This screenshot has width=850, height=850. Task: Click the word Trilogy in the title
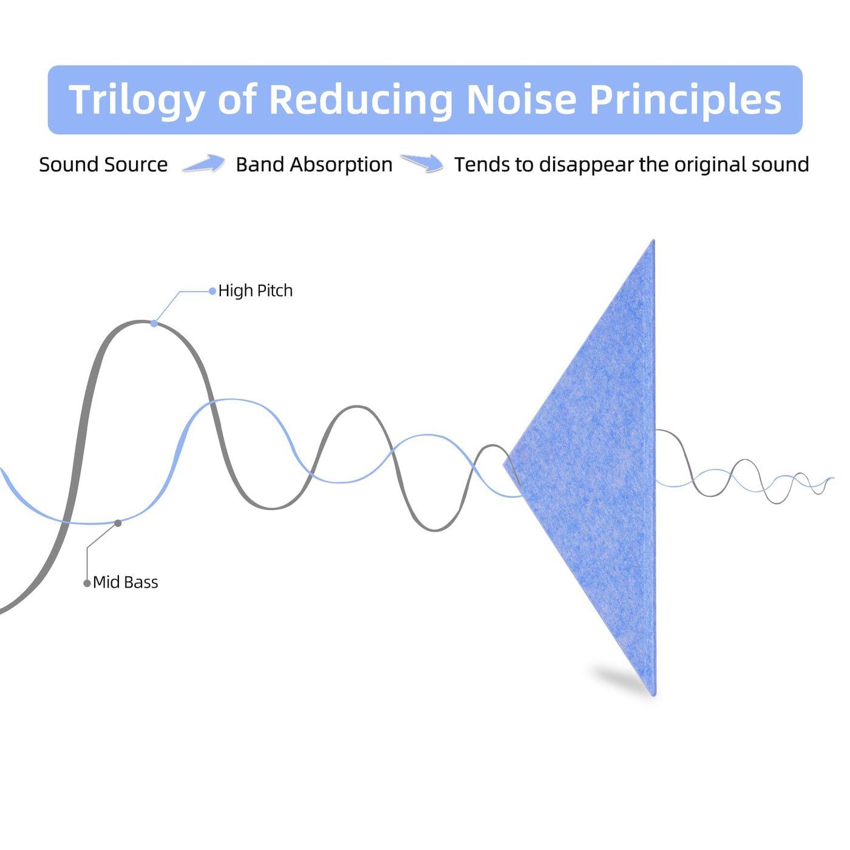tap(136, 101)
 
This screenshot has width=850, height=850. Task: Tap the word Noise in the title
tap(521, 99)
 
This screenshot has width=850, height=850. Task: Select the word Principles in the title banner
tap(685, 101)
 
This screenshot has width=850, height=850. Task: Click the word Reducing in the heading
tap(361, 101)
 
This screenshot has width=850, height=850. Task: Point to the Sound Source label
tap(103, 165)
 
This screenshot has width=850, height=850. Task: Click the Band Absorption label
tap(314, 165)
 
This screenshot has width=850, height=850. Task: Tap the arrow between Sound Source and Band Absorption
tap(204, 163)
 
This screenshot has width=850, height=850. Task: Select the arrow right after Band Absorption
tap(422, 163)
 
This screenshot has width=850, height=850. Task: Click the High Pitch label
tap(256, 291)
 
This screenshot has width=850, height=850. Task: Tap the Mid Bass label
tap(125, 582)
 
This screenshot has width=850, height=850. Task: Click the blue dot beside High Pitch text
tap(212, 291)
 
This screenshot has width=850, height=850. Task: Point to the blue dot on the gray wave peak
tap(154, 324)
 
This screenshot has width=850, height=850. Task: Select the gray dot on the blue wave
tap(118, 523)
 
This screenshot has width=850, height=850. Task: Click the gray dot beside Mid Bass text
tap(87, 583)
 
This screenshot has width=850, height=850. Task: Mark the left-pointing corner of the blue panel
tap(504, 464)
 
